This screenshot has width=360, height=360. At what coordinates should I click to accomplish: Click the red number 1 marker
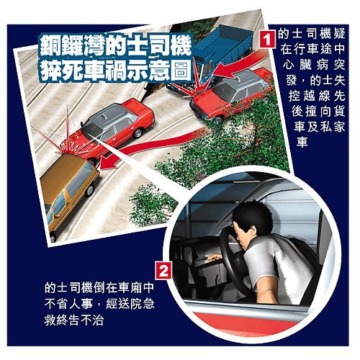click(267, 39)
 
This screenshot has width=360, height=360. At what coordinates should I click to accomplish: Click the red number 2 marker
click(163, 271)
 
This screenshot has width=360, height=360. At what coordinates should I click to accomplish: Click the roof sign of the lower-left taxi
click(104, 116)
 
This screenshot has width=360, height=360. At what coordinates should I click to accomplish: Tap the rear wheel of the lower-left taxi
click(138, 132)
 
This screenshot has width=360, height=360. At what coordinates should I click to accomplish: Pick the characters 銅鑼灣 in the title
click(72, 46)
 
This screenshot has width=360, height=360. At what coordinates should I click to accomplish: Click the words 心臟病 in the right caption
click(305, 65)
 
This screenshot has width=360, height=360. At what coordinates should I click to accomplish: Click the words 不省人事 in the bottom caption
click(68, 304)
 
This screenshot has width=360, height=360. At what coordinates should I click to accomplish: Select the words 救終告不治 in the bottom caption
click(74, 320)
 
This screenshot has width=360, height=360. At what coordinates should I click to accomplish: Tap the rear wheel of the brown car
click(89, 190)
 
